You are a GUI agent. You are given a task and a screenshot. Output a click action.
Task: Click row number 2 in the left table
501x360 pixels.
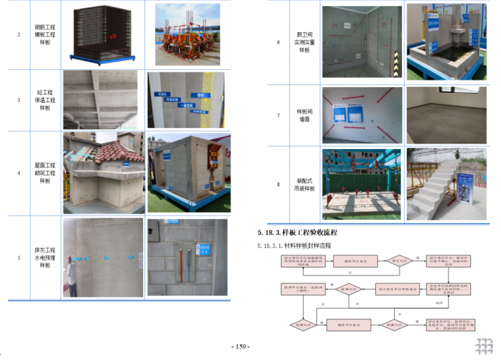pos(18,34)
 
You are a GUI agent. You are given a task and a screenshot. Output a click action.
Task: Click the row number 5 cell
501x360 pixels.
pos(18,258)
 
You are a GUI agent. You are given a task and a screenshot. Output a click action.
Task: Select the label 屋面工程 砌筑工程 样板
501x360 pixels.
pos(45,173)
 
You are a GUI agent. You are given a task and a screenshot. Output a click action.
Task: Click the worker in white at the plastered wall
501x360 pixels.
pos(71,280)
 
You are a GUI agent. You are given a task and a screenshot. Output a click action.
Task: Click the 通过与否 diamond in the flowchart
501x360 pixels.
pos(398,262)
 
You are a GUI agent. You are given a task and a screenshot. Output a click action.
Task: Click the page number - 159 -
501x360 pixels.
pos(240,347)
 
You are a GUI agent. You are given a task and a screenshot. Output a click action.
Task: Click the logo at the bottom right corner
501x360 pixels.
pos(485,346)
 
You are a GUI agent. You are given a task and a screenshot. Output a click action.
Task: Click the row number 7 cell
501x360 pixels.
pos(278,115)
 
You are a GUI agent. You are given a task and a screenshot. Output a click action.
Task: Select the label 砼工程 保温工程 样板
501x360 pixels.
pos(45,100)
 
